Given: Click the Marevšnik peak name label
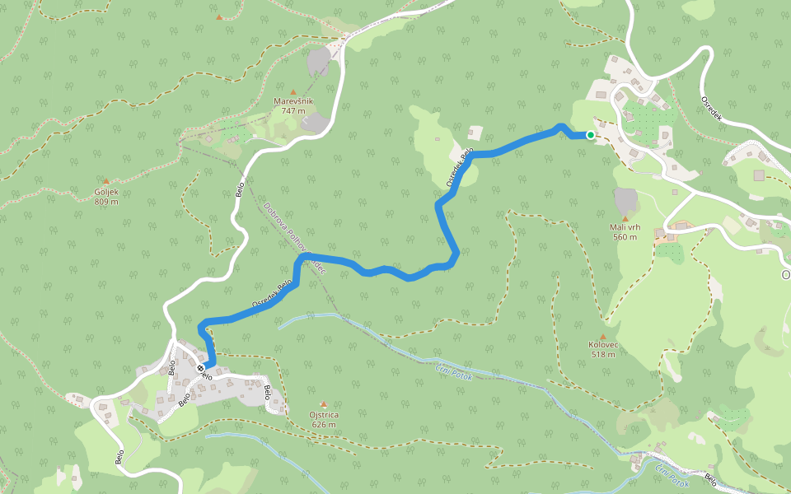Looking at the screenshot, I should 293,101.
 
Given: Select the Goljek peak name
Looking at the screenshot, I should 106,191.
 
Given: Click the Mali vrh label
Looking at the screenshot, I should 625,227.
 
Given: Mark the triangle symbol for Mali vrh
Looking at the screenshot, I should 625,218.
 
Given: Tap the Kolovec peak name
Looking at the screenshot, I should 603,345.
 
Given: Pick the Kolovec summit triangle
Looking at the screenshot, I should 603,336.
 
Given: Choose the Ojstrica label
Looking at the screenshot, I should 324,414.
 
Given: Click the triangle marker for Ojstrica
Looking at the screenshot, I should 323,404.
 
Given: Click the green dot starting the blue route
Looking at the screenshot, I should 591,135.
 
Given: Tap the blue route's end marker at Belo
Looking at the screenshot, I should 202,366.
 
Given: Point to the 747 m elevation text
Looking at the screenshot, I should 293,111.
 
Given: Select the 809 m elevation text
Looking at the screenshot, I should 106,201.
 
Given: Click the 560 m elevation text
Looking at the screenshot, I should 625,237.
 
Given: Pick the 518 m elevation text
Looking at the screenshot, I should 603,355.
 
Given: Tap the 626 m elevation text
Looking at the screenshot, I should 324,424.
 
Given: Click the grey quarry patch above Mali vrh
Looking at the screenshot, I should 626,200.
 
